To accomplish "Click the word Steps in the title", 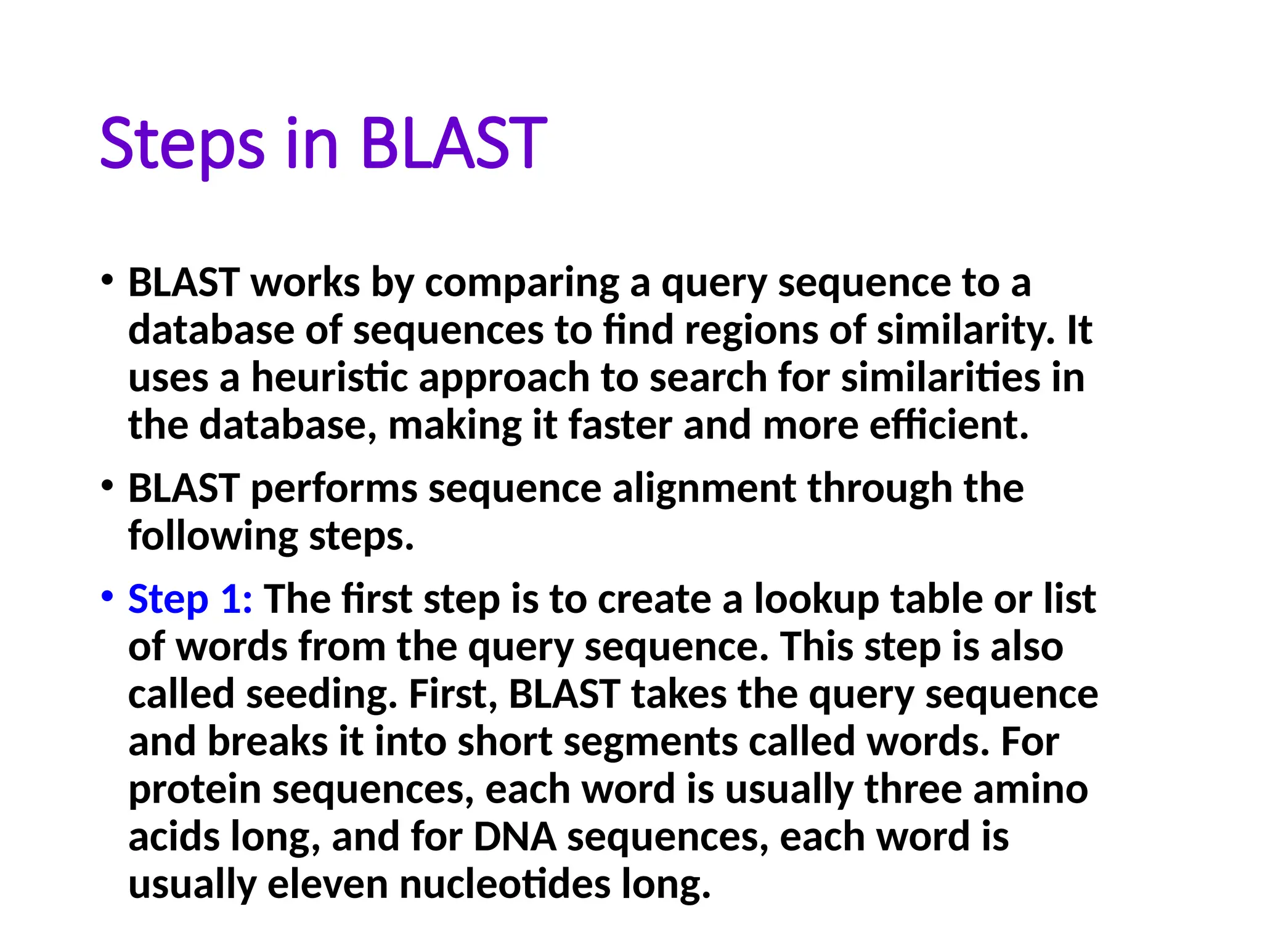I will pyautogui.click(x=182, y=145).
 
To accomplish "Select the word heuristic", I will pyautogui.click(x=330, y=378).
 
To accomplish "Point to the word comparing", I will pyautogui.click(x=522, y=284).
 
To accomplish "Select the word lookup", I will pyautogui.click(x=816, y=600).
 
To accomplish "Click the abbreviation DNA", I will pyautogui.click(x=515, y=837).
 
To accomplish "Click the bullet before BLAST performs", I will pyautogui.click(x=107, y=485).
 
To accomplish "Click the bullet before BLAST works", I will pyautogui.click(x=107, y=280).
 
